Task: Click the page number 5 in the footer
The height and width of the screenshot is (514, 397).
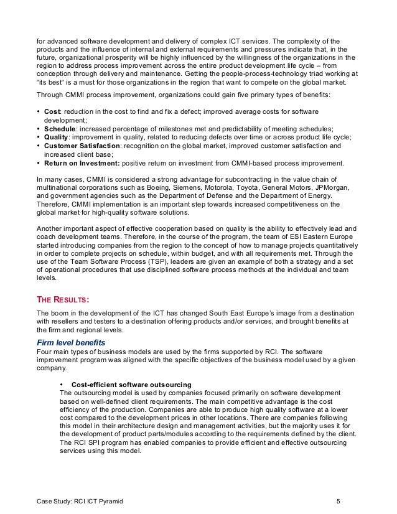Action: [x=337, y=500]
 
